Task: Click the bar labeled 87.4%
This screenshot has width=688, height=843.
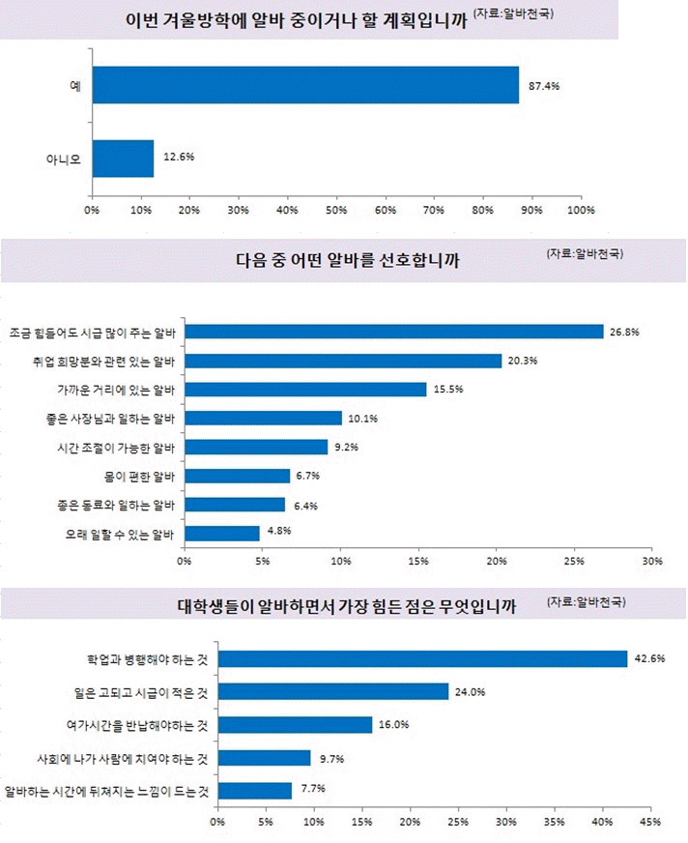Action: (x=305, y=85)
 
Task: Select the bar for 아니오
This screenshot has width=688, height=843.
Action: (x=123, y=159)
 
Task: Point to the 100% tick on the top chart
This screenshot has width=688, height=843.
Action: (x=581, y=210)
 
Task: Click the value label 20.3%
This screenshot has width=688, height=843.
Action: (x=523, y=361)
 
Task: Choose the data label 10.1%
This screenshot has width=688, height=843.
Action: (x=363, y=419)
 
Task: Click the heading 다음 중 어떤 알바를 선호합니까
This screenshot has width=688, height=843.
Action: (x=347, y=260)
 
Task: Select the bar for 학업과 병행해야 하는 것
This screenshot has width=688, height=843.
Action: (x=422, y=659)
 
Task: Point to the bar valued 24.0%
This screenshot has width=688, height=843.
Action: (x=332, y=691)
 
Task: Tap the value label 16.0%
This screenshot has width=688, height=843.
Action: (x=393, y=724)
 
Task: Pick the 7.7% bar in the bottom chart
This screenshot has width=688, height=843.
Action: (x=254, y=791)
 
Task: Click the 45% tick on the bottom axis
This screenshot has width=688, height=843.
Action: (x=649, y=823)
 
